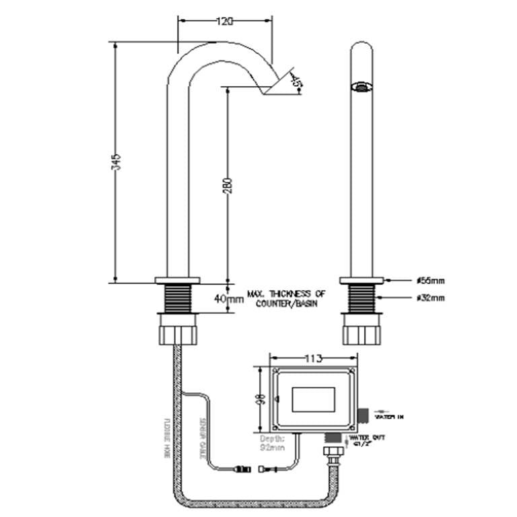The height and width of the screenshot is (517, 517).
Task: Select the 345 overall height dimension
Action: tap(116, 162)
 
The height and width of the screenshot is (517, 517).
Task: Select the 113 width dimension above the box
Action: tap(313, 357)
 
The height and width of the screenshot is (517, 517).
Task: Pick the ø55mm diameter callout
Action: tap(430, 281)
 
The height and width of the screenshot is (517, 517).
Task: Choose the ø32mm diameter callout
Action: tap(430, 298)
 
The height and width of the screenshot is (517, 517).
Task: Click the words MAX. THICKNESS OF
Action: tap(286, 294)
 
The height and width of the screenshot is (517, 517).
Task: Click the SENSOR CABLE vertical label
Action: tap(201, 438)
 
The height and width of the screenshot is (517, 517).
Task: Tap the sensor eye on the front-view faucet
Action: tap(362, 86)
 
